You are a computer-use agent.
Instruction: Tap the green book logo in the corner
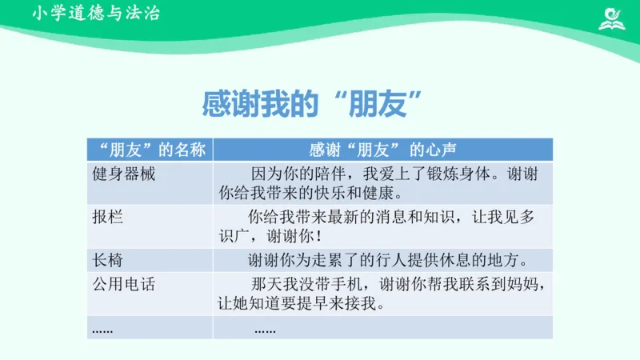coord(614,17)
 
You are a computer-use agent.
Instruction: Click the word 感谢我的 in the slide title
coord(255,104)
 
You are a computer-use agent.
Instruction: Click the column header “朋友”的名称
coord(150,150)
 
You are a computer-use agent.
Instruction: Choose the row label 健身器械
coord(124,174)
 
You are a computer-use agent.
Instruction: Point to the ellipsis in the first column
coord(103,329)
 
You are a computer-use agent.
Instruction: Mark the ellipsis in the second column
coord(265,329)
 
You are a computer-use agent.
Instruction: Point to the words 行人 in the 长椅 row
coord(385,260)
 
